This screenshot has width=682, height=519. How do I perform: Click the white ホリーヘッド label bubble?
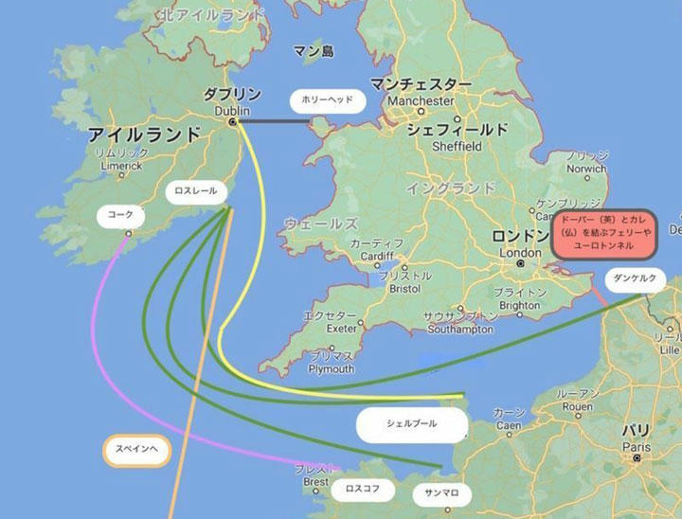click(x=327, y=98)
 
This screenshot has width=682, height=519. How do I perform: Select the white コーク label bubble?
click(x=120, y=215)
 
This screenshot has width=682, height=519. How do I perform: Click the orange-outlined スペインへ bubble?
click(x=136, y=450)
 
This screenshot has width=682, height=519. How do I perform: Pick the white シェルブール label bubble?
click(x=411, y=424)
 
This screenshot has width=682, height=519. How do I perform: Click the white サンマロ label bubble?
click(x=441, y=492)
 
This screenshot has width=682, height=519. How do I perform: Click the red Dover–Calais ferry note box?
click(x=603, y=235)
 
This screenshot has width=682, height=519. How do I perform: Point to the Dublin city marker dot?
click(x=231, y=121)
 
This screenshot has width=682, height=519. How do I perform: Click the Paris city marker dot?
click(x=637, y=457)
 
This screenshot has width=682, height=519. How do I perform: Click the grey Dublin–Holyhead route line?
click(x=275, y=121)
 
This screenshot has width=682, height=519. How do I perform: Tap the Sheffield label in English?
click(x=457, y=147)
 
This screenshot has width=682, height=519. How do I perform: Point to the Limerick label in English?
click(x=120, y=166)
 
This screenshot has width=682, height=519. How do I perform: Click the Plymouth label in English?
click(x=331, y=368)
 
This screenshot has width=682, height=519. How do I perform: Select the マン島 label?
click(x=314, y=51)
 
